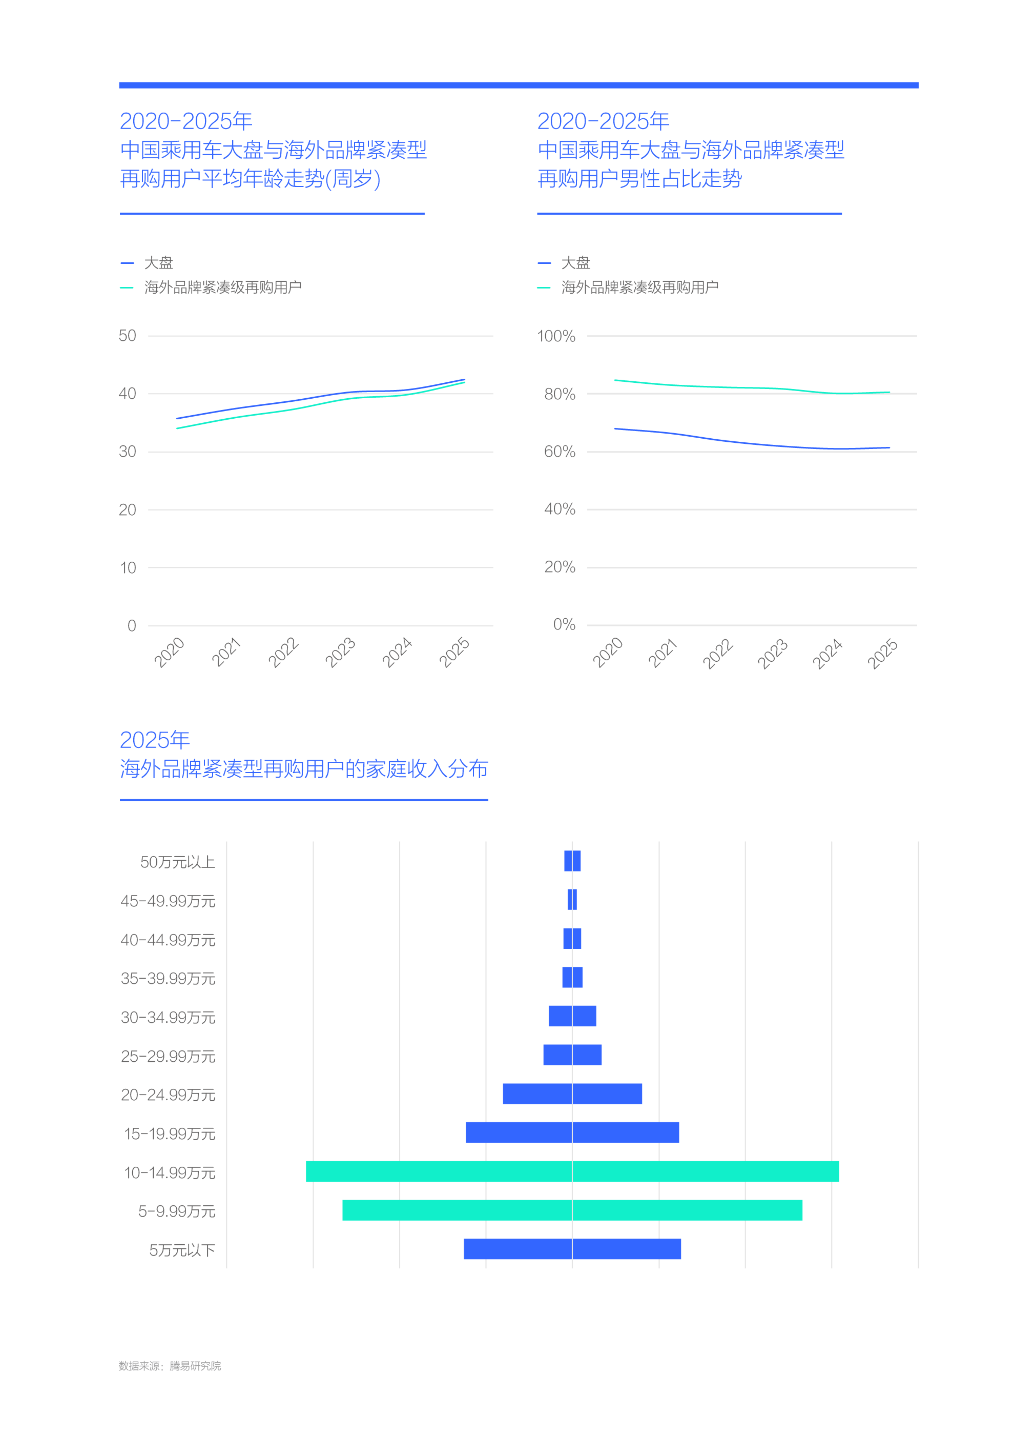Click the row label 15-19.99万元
(x=169, y=1134)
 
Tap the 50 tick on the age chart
(x=127, y=336)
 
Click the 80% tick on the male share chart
(x=560, y=394)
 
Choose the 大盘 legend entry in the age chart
(x=158, y=263)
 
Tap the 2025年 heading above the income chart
(x=155, y=740)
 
